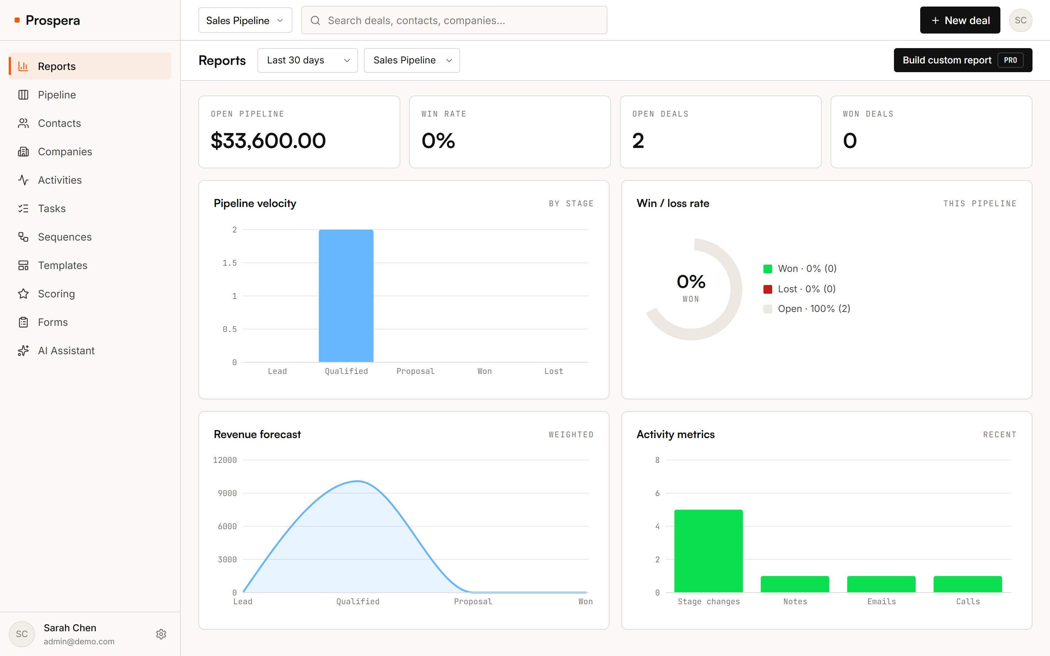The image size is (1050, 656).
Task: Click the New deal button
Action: click(x=960, y=20)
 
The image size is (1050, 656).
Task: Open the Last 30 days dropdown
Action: click(x=307, y=60)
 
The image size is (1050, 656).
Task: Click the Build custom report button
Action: click(x=963, y=60)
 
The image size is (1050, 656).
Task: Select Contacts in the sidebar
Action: click(x=59, y=123)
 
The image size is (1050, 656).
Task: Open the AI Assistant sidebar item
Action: click(x=66, y=351)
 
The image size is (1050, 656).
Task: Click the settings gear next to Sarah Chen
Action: click(x=161, y=634)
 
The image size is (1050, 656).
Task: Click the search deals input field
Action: click(x=454, y=20)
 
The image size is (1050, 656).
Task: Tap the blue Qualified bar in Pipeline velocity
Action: click(x=346, y=296)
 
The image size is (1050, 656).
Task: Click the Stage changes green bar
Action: click(x=708, y=551)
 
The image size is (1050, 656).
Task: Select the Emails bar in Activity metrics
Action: click(x=881, y=584)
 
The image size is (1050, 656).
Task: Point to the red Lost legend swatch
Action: click(x=767, y=289)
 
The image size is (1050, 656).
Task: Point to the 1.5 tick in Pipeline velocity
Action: click(x=230, y=263)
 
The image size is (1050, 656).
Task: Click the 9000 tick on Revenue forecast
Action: click(x=227, y=493)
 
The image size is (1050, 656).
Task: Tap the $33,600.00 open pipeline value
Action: click(x=268, y=141)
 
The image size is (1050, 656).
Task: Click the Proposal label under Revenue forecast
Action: click(x=473, y=601)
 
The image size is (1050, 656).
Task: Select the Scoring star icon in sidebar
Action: click(x=23, y=294)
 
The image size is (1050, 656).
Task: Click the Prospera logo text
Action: click(x=53, y=20)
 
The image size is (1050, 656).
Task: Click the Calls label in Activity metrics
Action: click(x=968, y=601)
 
